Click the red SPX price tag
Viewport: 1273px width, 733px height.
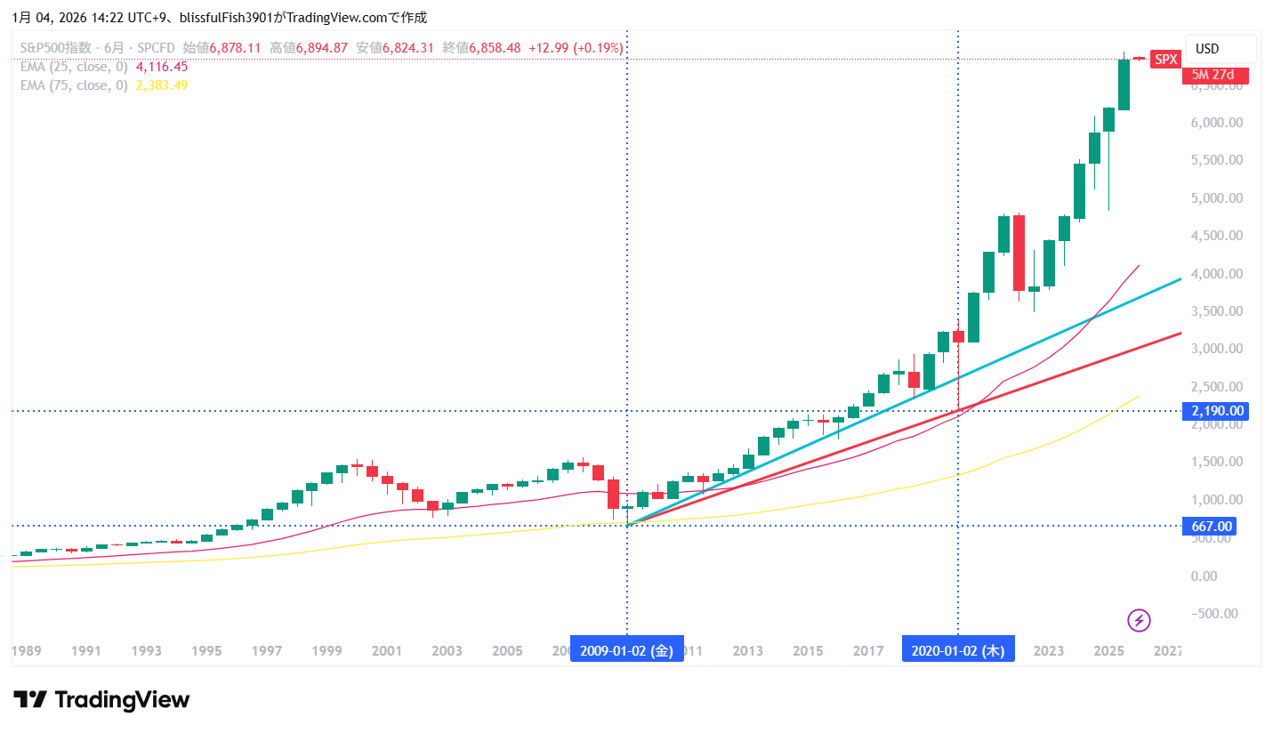pyautogui.click(x=1165, y=60)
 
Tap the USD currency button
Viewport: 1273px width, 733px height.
pyautogui.click(x=1207, y=48)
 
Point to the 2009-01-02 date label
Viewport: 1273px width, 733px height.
pyautogui.click(x=626, y=650)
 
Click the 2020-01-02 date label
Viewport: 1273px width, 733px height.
pyautogui.click(x=958, y=650)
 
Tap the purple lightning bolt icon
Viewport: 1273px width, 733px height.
pyautogui.click(x=1140, y=620)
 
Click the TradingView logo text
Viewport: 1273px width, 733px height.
pyautogui.click(x=101, y=700)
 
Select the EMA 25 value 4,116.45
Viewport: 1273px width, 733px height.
pyautogui.click(x=161, y=67)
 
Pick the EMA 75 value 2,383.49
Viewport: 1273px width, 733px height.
pyautogui.click(x=161, y=85)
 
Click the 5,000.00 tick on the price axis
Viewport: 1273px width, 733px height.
pyautogui.click(x=1215, y=197)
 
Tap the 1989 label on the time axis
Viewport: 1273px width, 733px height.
pyautogui.click(x=26, y=650)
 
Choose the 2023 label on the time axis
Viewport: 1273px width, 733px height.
pyautogui.click(x=1049, y=650)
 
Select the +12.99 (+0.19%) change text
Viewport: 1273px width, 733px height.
pyautogui.click(x=575, y=47)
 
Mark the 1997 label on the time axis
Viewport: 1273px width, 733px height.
pyautogui.click(x=267, y=650)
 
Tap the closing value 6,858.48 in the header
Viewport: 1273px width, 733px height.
pyautogui.click(x=495, y=47)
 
